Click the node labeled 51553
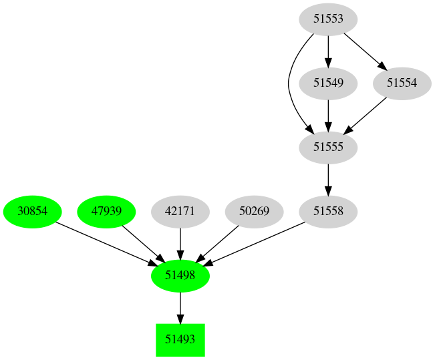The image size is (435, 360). [x=327, y=19]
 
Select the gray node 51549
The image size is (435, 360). [x=327, y=83]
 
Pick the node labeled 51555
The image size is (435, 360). [x=327, y=147]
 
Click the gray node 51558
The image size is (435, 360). [x=327, y=211]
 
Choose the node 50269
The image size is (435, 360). [x=254, y=211]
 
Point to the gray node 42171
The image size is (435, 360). [x=180, y=211]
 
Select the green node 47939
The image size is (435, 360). [x=106, y=211]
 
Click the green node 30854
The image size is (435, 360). [x=32, y=211]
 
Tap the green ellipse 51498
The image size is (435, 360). [x=180, y=275]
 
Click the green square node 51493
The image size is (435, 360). [x=180, y=339]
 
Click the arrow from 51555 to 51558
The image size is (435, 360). [x=327, y=179]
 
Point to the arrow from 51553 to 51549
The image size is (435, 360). [x=327, y=51]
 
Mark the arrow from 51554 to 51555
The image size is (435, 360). [x=366, y=114]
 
